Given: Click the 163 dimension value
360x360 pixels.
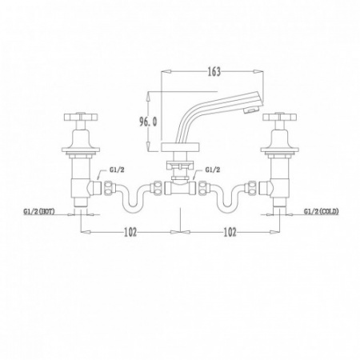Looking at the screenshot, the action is coord(214,72).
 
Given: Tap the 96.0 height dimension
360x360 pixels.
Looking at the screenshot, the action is coord(149,122).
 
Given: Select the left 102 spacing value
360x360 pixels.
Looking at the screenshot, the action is coord(130,232).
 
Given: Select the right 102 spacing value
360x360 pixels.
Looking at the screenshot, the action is coord(230,232).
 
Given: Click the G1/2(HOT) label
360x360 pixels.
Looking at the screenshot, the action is coord(39,211).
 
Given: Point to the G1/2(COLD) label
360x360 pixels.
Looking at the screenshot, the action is coord(322,211).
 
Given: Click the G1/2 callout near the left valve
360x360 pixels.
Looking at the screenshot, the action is coord(117,170).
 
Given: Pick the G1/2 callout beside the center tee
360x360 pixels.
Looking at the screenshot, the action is coord(213,170).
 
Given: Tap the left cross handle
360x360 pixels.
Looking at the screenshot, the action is coord(81,117).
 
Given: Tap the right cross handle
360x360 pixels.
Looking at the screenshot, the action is coord(279,117).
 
